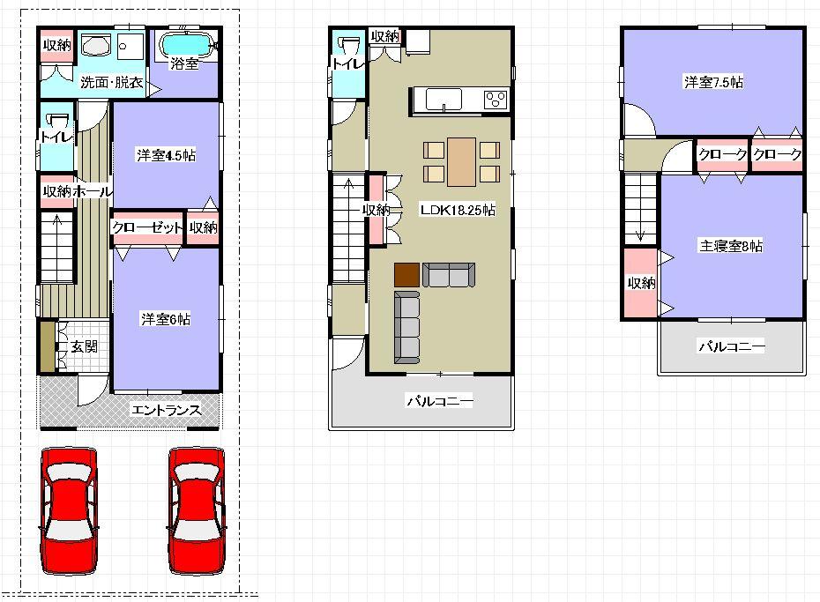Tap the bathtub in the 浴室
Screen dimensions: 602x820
(185, 43)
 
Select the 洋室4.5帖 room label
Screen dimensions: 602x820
(166, 155)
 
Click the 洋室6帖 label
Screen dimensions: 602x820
(166, 319)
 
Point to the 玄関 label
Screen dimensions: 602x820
(85, 346)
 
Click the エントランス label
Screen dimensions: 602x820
(166, 410)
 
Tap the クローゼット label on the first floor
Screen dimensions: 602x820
(147, 227)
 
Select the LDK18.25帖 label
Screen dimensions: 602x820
(456, 211)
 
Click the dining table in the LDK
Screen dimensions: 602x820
(462, 162)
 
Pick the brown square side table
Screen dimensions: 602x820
(406, 276)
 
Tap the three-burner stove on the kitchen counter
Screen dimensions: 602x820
(496, 100)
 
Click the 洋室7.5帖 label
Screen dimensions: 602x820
(712, 82)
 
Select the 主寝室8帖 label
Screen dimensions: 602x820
(731, 246)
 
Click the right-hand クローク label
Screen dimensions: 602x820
(778, 154)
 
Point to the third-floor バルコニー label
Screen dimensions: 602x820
(732, 346)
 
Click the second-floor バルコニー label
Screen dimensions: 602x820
(439, 401)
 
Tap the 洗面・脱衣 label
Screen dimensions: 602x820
(111, 84)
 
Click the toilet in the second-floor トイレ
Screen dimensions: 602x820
(348, 48)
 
